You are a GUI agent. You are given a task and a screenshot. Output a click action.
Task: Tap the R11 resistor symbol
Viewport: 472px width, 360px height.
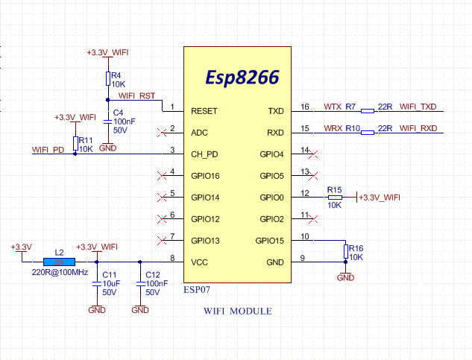(x=75, y=144)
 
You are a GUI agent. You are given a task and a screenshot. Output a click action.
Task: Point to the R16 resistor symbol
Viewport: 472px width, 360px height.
(x=344, y=251)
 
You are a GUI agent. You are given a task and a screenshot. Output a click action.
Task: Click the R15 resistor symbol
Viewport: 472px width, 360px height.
(x=334, y=197)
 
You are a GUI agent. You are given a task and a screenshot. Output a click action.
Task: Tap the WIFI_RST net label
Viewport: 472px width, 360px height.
(x=137, y=96)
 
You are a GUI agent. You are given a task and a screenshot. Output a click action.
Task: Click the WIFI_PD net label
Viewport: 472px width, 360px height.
(x=48, y=150)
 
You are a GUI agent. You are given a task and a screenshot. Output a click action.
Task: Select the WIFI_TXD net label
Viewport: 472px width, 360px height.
(x=418, y=107)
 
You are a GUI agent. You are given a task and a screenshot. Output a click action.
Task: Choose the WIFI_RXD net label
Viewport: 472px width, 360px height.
(x=418, y=128)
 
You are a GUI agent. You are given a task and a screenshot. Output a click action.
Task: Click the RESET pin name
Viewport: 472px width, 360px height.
(x=204, y=111)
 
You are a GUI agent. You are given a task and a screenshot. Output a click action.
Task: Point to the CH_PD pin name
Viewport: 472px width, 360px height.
(x=204, y=154)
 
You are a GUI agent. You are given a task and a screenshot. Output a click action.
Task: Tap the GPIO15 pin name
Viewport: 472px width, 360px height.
(x=269, y=241)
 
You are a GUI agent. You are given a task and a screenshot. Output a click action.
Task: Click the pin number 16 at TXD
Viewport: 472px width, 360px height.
(x=304, y=107)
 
